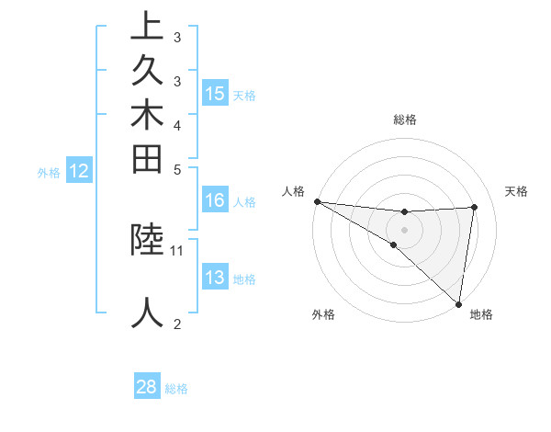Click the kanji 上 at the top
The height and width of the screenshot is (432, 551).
[x=148, y=27]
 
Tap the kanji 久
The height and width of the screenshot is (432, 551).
[x=148, y=72]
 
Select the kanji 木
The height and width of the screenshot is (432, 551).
[x=148, y=117]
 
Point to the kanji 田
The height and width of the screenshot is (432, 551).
[x=148, y=162]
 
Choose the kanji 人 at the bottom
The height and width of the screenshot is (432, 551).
[x=148, y=313]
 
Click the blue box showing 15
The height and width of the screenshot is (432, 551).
[x=215, y=93]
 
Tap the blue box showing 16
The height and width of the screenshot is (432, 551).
[x=215, y=199]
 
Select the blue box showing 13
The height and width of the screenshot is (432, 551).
[x=215, y=278]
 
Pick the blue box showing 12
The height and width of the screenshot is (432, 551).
[x=80, y=170]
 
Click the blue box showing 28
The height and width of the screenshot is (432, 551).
[x=147, y=387]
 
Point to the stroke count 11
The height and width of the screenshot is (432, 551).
[x=177, y=249]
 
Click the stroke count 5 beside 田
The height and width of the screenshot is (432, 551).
[x=177, y=169]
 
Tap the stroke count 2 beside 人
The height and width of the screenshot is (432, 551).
[x=177, y=324]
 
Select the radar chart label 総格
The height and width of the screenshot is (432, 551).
[x=405, y=119]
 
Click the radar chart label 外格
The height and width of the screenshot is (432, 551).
[x=323, y=314]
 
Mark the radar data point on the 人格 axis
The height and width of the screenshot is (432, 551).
[x=317, y=200]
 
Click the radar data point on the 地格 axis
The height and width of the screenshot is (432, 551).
[x=458, y=303]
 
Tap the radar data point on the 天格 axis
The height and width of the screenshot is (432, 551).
[x=474, y=207]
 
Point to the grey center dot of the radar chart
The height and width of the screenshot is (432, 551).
[x=404, y=229]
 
